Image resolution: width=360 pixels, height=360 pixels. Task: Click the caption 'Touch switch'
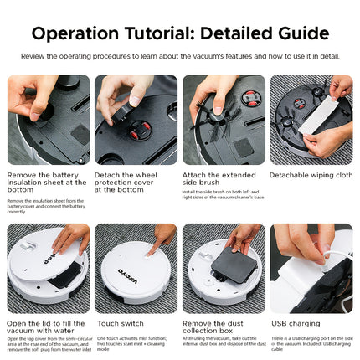(x=120, y=322)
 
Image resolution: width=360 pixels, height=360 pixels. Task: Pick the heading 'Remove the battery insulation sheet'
(x=46, y=182)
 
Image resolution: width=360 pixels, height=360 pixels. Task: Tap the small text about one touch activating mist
(x=131, y=343)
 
